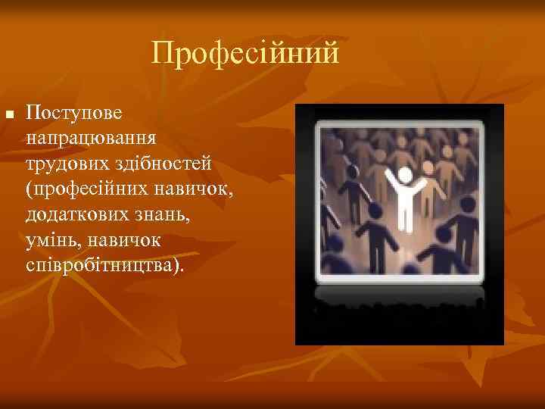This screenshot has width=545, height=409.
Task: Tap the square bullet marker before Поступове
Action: click(x=9, y=114)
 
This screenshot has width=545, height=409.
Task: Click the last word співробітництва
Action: click(x=104, y=265)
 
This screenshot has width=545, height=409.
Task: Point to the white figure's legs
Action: click(x=405, y=221)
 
